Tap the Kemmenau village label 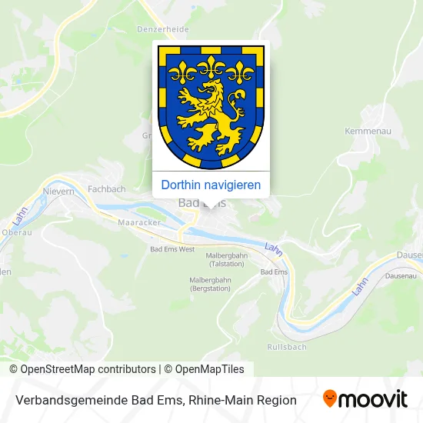368,132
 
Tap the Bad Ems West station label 172,250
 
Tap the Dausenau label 400,275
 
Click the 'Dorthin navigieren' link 211,185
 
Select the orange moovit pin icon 330,398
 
